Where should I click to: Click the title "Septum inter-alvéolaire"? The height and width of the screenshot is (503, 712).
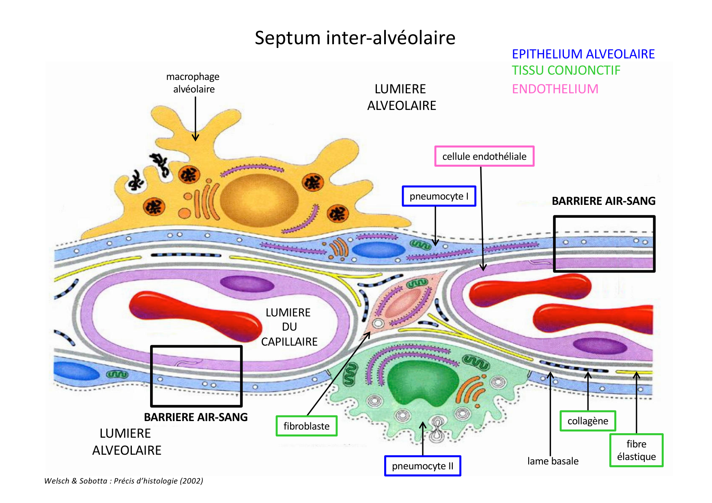point(355,38)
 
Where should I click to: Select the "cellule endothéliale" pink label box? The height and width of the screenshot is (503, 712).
point(484,156)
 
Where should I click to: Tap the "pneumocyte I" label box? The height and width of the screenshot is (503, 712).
point(439,196)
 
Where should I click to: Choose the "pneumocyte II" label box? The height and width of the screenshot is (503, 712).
point(422,466)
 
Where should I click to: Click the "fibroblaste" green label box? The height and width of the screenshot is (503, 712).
point(306,426)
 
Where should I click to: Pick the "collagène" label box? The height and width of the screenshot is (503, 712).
point(587,421)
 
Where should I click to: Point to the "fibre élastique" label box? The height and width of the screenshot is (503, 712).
point(636,450)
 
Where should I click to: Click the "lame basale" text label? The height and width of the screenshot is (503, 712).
point(553,461)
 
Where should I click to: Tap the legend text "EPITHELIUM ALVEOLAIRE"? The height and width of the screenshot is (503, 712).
point(583,54)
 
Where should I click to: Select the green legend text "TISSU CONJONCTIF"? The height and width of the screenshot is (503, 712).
point(566,71)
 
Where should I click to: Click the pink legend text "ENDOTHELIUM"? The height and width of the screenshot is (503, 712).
point(555,89)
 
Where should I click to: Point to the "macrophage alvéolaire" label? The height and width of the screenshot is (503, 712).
point(193,83)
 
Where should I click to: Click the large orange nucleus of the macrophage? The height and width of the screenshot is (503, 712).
point(259,200)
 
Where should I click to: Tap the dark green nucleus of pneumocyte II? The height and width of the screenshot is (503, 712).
point(422,381)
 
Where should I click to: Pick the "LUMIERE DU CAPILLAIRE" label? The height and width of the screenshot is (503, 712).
point(288,327)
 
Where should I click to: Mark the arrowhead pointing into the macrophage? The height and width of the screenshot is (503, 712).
point(195,138)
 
